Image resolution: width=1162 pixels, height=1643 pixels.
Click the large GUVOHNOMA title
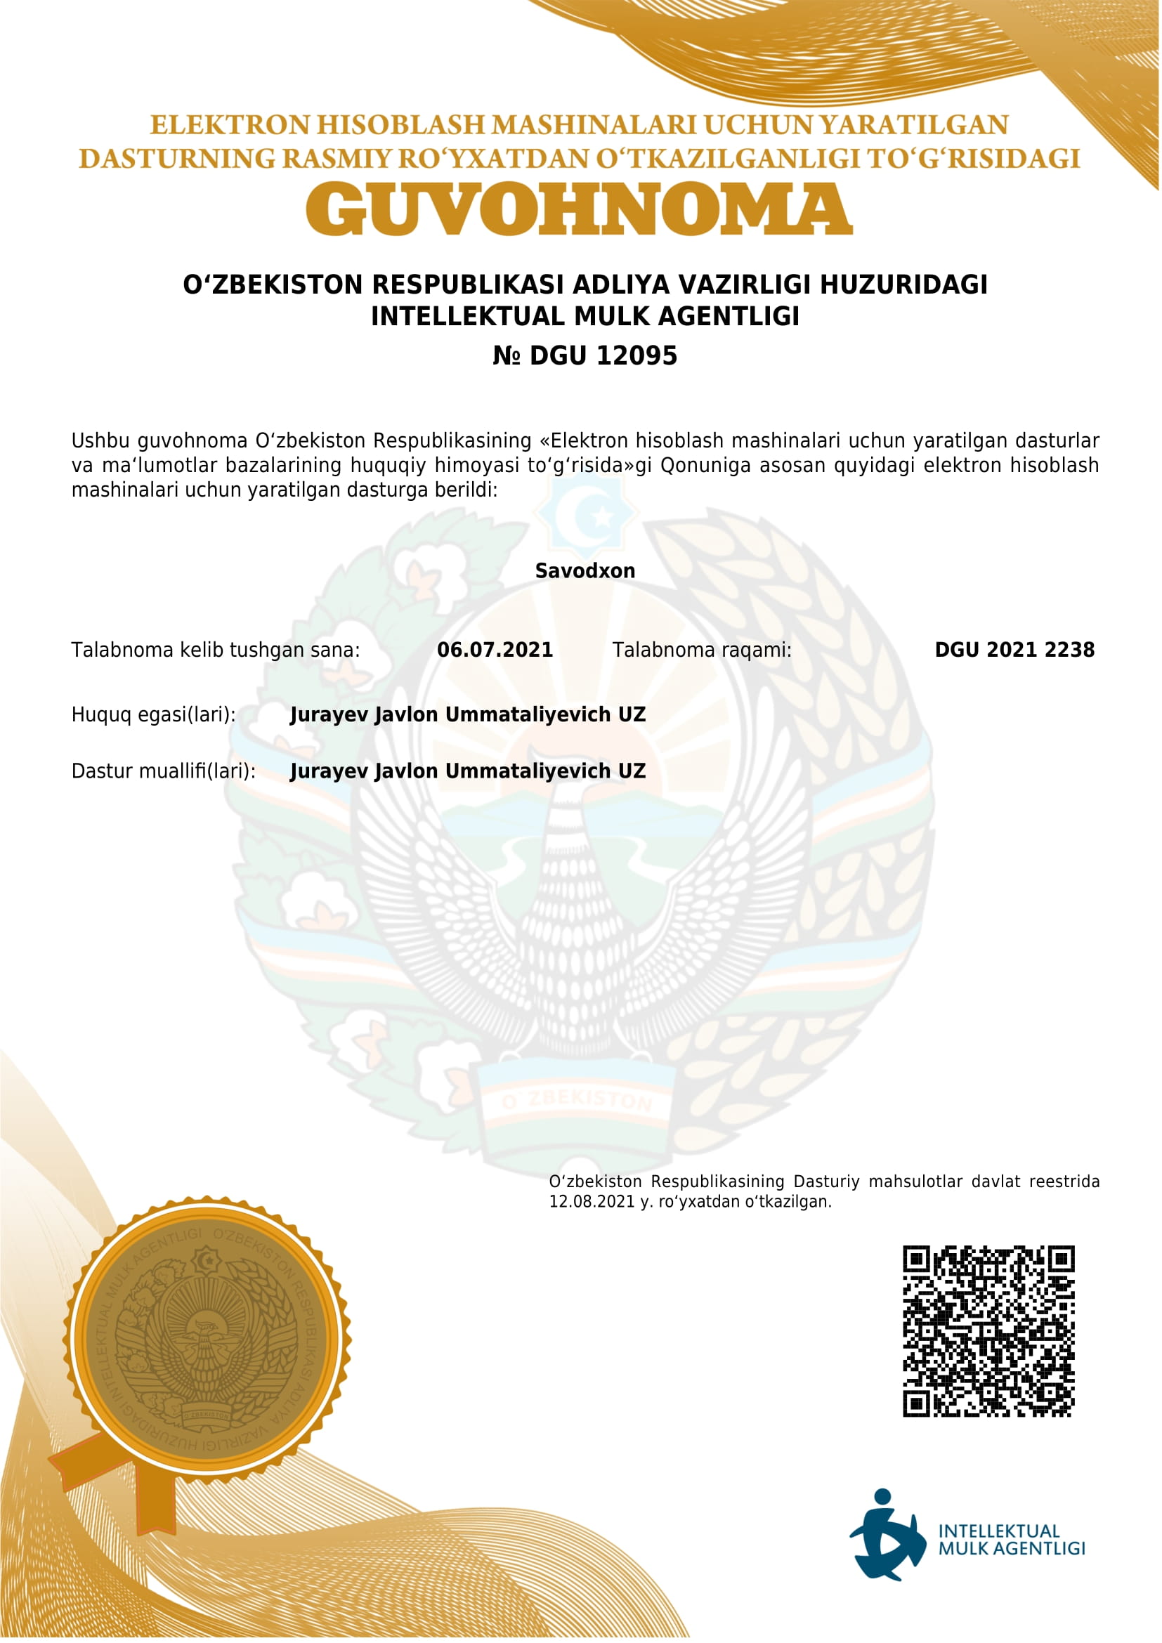click(579, 208)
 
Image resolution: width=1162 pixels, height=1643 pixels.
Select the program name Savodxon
click(585, 571)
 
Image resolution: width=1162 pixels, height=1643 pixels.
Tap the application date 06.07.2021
click(495, 650)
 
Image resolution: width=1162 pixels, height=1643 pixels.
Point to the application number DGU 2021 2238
click(1014, 650)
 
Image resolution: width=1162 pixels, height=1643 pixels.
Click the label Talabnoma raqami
click(701, 650)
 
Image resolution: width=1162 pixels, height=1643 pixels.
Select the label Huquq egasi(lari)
click(153, 715)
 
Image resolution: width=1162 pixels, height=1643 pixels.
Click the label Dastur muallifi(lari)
click(163, 771)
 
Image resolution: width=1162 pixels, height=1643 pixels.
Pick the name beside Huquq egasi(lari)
click(467, 714)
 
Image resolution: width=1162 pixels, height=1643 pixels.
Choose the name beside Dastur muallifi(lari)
click(467, 771)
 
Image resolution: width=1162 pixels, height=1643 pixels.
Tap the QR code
click(988, 1331)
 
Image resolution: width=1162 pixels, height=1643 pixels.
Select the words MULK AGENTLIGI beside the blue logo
click(1011, 1549)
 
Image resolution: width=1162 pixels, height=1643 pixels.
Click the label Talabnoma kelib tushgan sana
click(216, 650)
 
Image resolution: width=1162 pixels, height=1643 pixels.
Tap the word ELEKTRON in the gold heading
click(230, 125)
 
